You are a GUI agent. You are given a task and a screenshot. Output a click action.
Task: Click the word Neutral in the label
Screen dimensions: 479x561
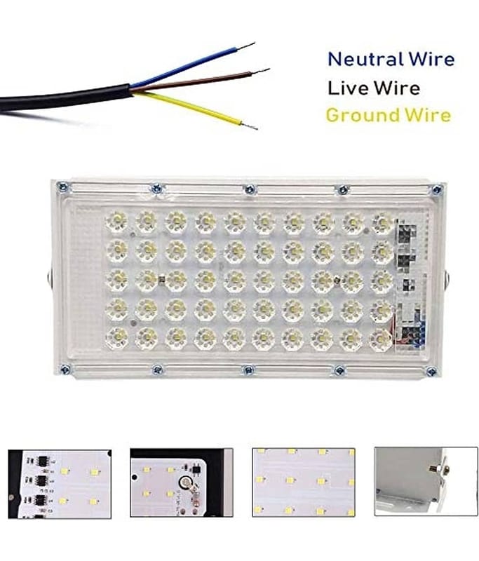366,59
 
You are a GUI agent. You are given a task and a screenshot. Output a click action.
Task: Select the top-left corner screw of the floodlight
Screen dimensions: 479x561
63,186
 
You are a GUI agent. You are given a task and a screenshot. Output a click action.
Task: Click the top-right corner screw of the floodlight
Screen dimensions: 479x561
437,190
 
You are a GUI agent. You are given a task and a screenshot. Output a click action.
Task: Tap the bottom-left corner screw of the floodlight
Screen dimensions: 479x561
65,370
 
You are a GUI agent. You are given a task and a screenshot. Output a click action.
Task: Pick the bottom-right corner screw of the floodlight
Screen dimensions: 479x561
432,372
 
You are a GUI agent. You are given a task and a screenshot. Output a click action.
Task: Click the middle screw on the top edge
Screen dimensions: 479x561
250,189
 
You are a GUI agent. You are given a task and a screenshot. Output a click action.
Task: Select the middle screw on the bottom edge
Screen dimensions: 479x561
249,370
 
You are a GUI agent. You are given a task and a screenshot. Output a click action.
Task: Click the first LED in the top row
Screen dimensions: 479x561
117,222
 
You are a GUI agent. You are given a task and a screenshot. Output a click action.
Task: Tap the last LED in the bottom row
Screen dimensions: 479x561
381,339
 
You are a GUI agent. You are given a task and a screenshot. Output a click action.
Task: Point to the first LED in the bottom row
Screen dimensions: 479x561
117,338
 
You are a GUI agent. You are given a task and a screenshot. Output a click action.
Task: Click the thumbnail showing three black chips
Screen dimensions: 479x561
60,484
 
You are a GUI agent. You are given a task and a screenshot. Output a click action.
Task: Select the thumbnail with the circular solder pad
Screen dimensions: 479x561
182,482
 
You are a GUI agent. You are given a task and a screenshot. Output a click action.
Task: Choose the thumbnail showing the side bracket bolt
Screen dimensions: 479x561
426,481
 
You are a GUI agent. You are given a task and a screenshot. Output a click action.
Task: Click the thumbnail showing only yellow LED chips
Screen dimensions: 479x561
304,482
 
